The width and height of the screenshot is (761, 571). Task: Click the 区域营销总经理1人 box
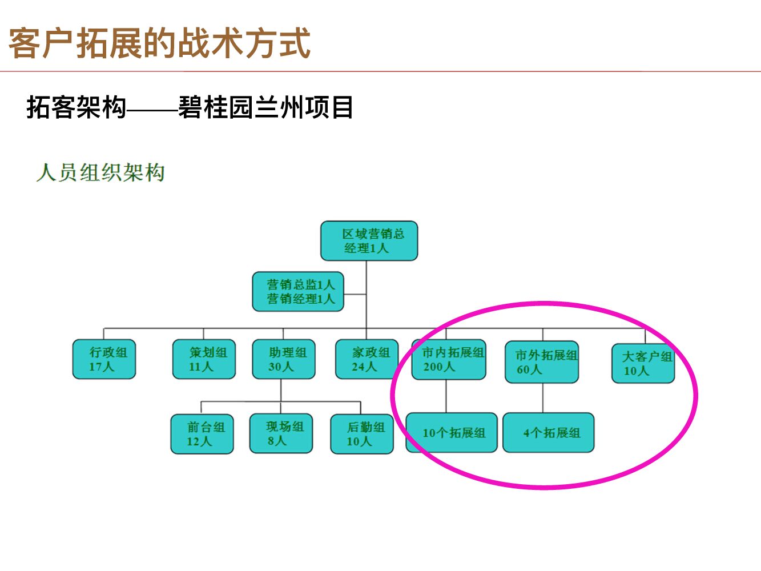[369, 241]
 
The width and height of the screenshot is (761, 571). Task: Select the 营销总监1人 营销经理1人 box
[298, 291]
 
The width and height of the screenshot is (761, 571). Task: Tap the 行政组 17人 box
[104, 359]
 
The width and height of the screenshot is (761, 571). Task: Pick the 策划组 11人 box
[204, 359]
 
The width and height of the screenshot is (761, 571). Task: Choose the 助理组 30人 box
[284, 359]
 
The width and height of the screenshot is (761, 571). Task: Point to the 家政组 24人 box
[366, 359]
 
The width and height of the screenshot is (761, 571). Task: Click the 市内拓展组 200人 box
[449, 360]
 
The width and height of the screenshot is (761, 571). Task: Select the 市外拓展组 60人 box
[542, 362]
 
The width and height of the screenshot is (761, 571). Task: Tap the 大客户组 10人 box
[643, 363]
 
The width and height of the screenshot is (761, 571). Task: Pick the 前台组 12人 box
[202, 434]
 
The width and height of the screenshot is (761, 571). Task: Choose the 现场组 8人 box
[281, 433]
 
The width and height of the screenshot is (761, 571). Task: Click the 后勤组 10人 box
[362, 434]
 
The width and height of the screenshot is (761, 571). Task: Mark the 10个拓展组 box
[452, 433]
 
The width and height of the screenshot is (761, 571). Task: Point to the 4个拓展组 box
[548, 433]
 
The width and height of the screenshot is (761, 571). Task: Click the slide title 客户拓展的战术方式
[159, 43]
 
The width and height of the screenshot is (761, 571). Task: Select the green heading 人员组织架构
[100, 172]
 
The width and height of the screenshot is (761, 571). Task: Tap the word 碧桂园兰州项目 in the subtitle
[266, 107]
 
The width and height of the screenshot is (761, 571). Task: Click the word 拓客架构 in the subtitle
[76, 107]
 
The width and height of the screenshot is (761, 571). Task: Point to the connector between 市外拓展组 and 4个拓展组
[543, 398]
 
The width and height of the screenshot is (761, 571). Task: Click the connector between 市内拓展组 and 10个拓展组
[446, 396]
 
